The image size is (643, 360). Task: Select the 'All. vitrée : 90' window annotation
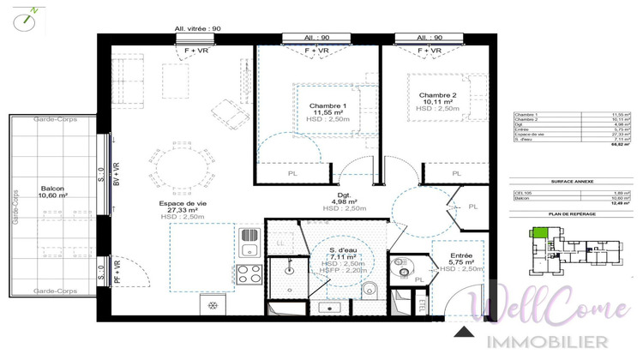click(x=197, y=28)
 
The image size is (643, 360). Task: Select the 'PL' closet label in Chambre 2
click(x=457, y=174)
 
